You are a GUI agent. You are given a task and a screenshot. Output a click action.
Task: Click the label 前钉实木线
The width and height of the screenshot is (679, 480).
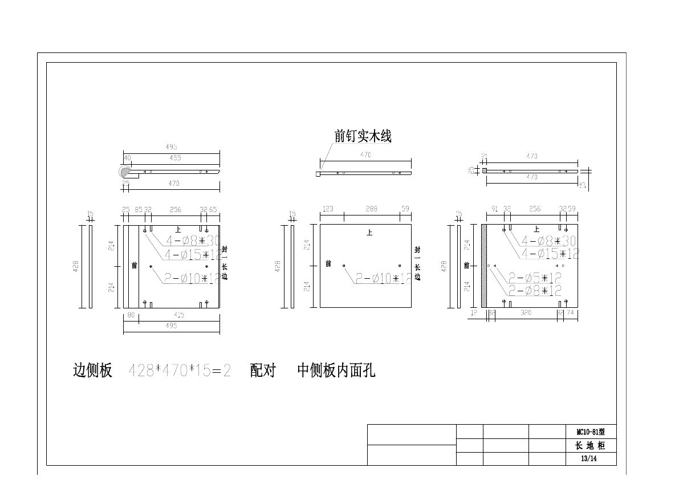(x=363, y=136)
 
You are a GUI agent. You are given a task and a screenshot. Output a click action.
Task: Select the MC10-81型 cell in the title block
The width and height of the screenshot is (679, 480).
(x=590, y=432)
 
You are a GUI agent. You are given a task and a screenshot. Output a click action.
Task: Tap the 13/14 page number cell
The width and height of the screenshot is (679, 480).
(x=590, y=459)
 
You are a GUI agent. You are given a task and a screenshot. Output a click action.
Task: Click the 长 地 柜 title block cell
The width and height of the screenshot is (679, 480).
(x=590, y=446)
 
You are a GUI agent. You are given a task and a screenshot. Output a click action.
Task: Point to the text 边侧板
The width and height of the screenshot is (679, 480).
(x=92, y=371)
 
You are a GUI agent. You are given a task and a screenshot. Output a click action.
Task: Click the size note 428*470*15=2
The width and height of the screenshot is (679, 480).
(x=180, y=371)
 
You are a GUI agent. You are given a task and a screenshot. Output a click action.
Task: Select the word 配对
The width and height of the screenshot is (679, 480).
(x=263, y=371)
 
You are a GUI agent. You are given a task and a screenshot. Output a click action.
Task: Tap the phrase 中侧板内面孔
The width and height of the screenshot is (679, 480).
(x=336, y=371)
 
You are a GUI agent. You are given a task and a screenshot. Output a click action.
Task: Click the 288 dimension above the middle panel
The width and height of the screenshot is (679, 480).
(x=371, y=209)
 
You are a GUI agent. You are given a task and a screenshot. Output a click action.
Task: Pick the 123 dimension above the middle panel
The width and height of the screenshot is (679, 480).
(x=328, y=209)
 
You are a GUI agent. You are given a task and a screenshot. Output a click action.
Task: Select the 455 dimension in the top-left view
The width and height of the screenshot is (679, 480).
(x=175, y=158)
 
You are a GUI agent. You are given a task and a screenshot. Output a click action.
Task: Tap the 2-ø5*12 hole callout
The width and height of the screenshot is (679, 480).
(x=535, y=278)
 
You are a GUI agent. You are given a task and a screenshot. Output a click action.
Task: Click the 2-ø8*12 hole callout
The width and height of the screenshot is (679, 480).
(x=535, y=291)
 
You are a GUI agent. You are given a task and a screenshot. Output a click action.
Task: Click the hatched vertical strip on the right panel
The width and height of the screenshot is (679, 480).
(x=484, y=266)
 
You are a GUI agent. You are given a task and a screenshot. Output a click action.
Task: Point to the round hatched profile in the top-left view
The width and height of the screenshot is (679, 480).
(x=124, y=172)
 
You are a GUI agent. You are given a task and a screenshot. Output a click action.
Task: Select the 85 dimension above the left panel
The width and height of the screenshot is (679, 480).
(x=138, y=209)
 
